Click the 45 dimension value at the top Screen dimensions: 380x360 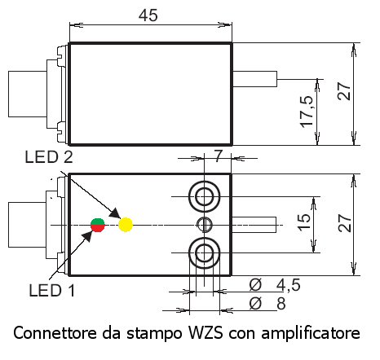pyautogui.click(x=148, y=15)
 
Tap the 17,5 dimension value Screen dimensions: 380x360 pyautogui.click(x=307, y=112)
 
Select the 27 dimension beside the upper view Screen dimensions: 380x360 pyautogui.click(x=344, y=91)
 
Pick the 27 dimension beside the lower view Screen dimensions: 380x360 pyautogui.click(x=345, y=223)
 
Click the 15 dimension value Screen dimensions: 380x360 pyautogui.click(x=303, y=222)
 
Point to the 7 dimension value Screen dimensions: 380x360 pyautogui.click(x=218, y=156)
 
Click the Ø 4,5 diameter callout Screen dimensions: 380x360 pyautogui.click(x=275, y=285)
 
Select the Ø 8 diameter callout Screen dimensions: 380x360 pyautogui.click(x=267, y=303)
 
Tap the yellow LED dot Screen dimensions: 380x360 pyautogui.click(x=126, y=225)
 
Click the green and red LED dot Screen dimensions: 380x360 pyautogui.click(x=98, y=226)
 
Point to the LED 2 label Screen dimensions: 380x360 pyautogui.click(x=49, y=157)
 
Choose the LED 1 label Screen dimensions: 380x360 pyautogui.click(x=51, y=290)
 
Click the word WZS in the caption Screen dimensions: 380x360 pyautogui.click(x=205, y=333)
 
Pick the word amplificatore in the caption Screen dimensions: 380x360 pyautogui.click(x=311, y=333)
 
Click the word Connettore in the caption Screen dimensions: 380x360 pyautogui.click(x=55, y=333)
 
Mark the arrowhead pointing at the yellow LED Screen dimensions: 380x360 pyautogui.click(x=115, y=213)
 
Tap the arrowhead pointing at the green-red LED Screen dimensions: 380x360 pyautogui.click(x=88, y=235)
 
